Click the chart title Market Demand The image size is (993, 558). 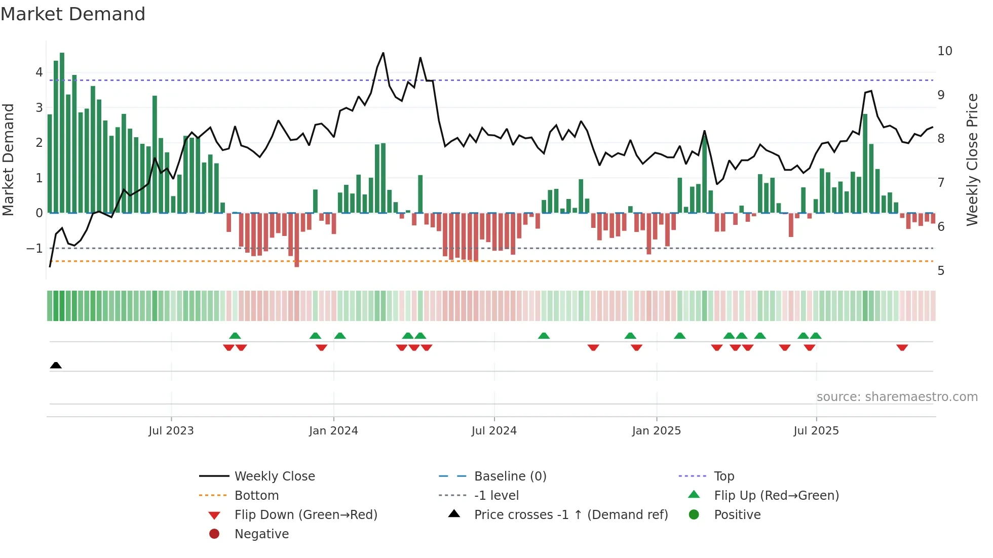73,14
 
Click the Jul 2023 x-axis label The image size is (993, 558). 171,431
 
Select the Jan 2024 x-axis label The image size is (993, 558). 333,431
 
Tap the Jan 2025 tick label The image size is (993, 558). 656,431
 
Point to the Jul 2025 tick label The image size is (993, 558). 816,431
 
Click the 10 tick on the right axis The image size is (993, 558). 944,51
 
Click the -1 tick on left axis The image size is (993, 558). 35,249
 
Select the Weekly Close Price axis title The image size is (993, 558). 972,160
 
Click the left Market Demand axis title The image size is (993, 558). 9,160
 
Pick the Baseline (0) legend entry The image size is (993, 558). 510,476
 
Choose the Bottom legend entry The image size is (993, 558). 256,496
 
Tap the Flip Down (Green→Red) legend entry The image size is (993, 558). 305,515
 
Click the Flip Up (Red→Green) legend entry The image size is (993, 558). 776,496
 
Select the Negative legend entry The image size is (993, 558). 261,534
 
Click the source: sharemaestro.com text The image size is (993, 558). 897,397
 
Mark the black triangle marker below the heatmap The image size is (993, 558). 56,366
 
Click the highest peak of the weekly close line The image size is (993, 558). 383,53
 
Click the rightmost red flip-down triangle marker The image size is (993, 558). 902,347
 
